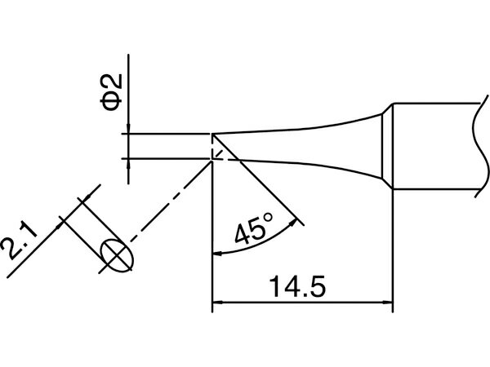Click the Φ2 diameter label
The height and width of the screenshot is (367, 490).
coord(110,93)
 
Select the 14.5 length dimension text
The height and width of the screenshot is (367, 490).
coord(298,286)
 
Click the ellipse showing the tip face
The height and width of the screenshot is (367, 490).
coord(117,255)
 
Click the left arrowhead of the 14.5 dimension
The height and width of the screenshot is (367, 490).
coord(217,303)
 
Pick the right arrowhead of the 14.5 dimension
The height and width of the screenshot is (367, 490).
coord(388,303)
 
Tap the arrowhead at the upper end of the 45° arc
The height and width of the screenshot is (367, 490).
coord(293,223)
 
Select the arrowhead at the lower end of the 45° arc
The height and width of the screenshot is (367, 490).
coord(217,254)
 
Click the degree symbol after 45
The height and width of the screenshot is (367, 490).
coord(269,217)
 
